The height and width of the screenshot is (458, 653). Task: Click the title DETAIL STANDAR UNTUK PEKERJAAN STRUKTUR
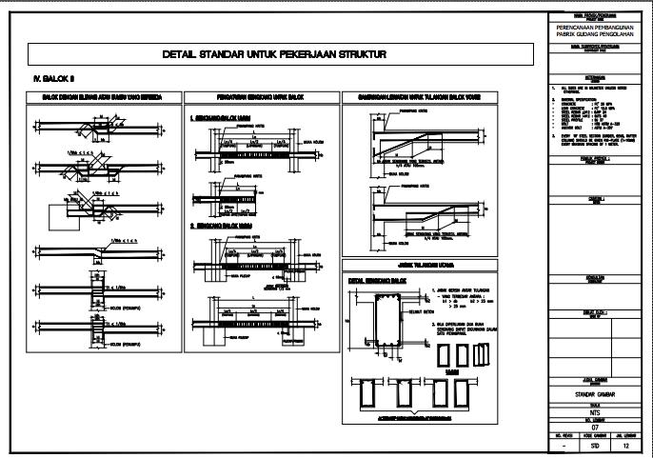pos(275,54)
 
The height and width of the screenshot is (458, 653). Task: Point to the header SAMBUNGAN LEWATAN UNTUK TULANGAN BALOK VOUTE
pos(435,97)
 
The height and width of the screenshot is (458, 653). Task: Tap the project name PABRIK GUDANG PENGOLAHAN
pos(595,34)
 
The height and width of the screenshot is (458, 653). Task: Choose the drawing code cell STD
pos(595,445)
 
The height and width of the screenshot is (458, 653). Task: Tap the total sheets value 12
pos(625,445)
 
